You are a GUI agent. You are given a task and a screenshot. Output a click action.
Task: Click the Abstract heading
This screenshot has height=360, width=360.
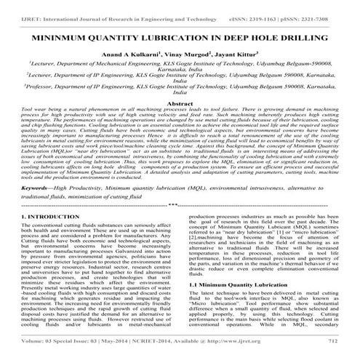(180, 104)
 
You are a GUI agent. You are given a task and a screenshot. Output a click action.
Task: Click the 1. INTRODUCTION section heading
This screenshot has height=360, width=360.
(42, 217)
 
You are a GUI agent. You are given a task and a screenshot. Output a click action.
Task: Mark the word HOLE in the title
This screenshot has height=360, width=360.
(248, 33)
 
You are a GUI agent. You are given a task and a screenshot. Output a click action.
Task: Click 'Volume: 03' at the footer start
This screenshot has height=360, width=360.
(33, 352)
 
